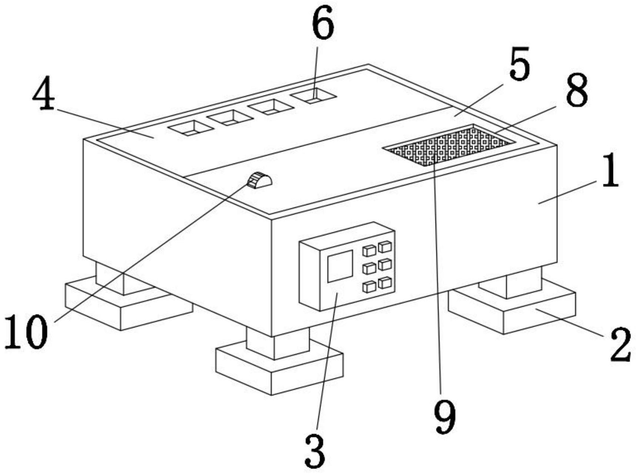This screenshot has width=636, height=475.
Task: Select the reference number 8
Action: pos(577,90)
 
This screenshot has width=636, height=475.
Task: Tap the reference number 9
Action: pos(444,417)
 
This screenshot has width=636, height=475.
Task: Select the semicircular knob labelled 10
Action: pos(260,181)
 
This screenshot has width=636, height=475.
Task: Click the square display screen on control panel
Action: pos(340,266)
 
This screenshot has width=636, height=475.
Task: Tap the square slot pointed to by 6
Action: pos(313,96)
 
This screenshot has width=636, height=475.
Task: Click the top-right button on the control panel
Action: pos(385,246)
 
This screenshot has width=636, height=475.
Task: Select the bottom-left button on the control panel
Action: pos(369,287)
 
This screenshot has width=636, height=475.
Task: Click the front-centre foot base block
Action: pos(279,368)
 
